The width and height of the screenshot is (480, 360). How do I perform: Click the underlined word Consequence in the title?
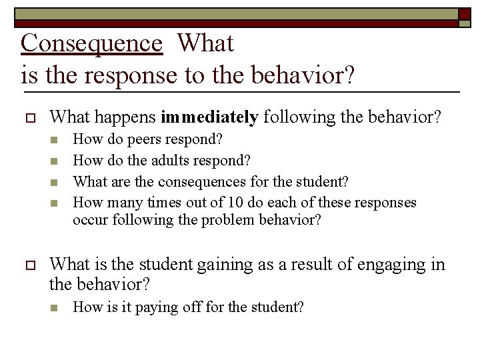[x=91, y=43]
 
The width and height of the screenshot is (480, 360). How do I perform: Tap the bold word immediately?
[x=209, y=118]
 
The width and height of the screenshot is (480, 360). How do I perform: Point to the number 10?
[x=231, y=202]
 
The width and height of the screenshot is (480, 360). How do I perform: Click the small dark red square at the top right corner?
[x=464, y=13]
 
